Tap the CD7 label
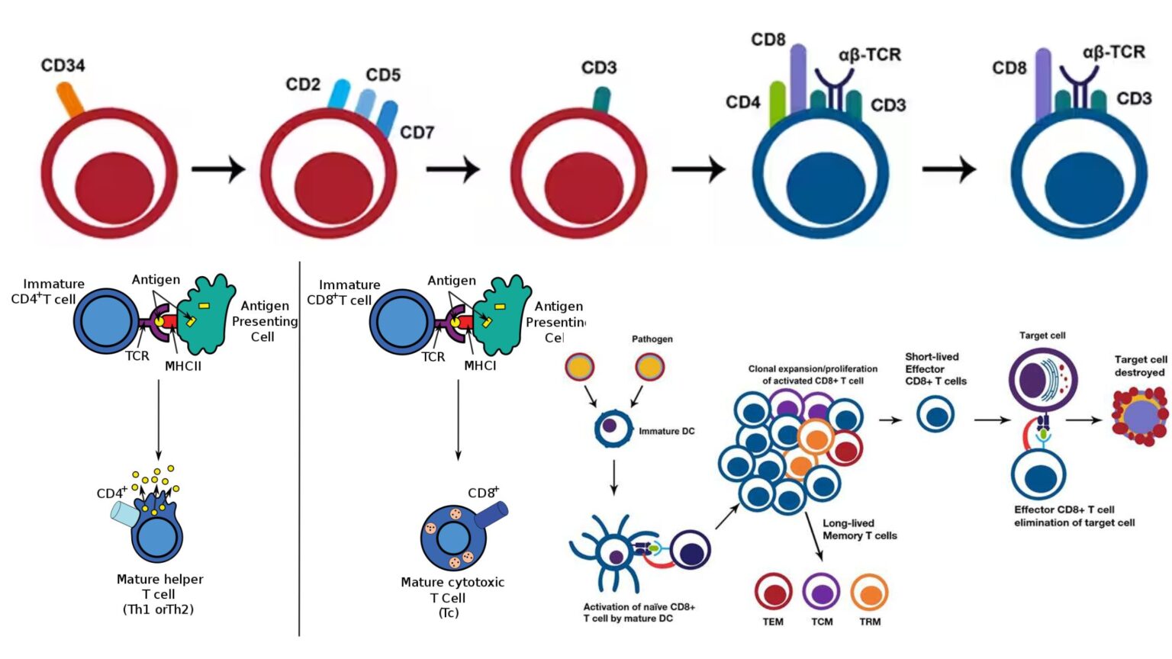417,133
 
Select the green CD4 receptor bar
777,104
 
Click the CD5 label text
383,75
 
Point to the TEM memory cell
774,592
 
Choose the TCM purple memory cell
822,592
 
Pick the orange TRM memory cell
870,592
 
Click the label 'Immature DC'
667,432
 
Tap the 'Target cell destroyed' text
1140,366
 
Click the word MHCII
183,366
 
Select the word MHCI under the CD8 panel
480,366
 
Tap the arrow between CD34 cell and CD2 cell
218,169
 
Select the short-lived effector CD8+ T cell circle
935,416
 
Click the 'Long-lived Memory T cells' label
859,529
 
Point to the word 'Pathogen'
652,339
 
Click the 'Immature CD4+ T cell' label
47,291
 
